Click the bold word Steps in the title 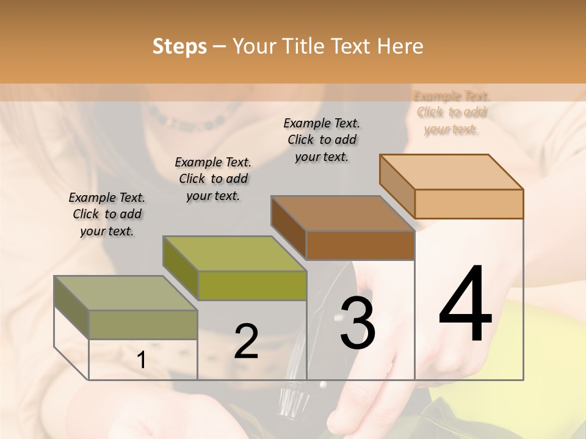(x=179, y=46)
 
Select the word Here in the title (x=400, y=46)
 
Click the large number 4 (x=466, y=305)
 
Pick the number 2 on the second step (x=247, y=342)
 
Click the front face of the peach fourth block (x=469, y=204)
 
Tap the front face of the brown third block (x=360, y=245)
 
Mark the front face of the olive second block (x=252, y=285)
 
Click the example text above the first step (x=107, y=214)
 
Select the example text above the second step (x=213, y=179)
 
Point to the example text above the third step (x=322, y=140)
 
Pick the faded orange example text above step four (x=452, y=112)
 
